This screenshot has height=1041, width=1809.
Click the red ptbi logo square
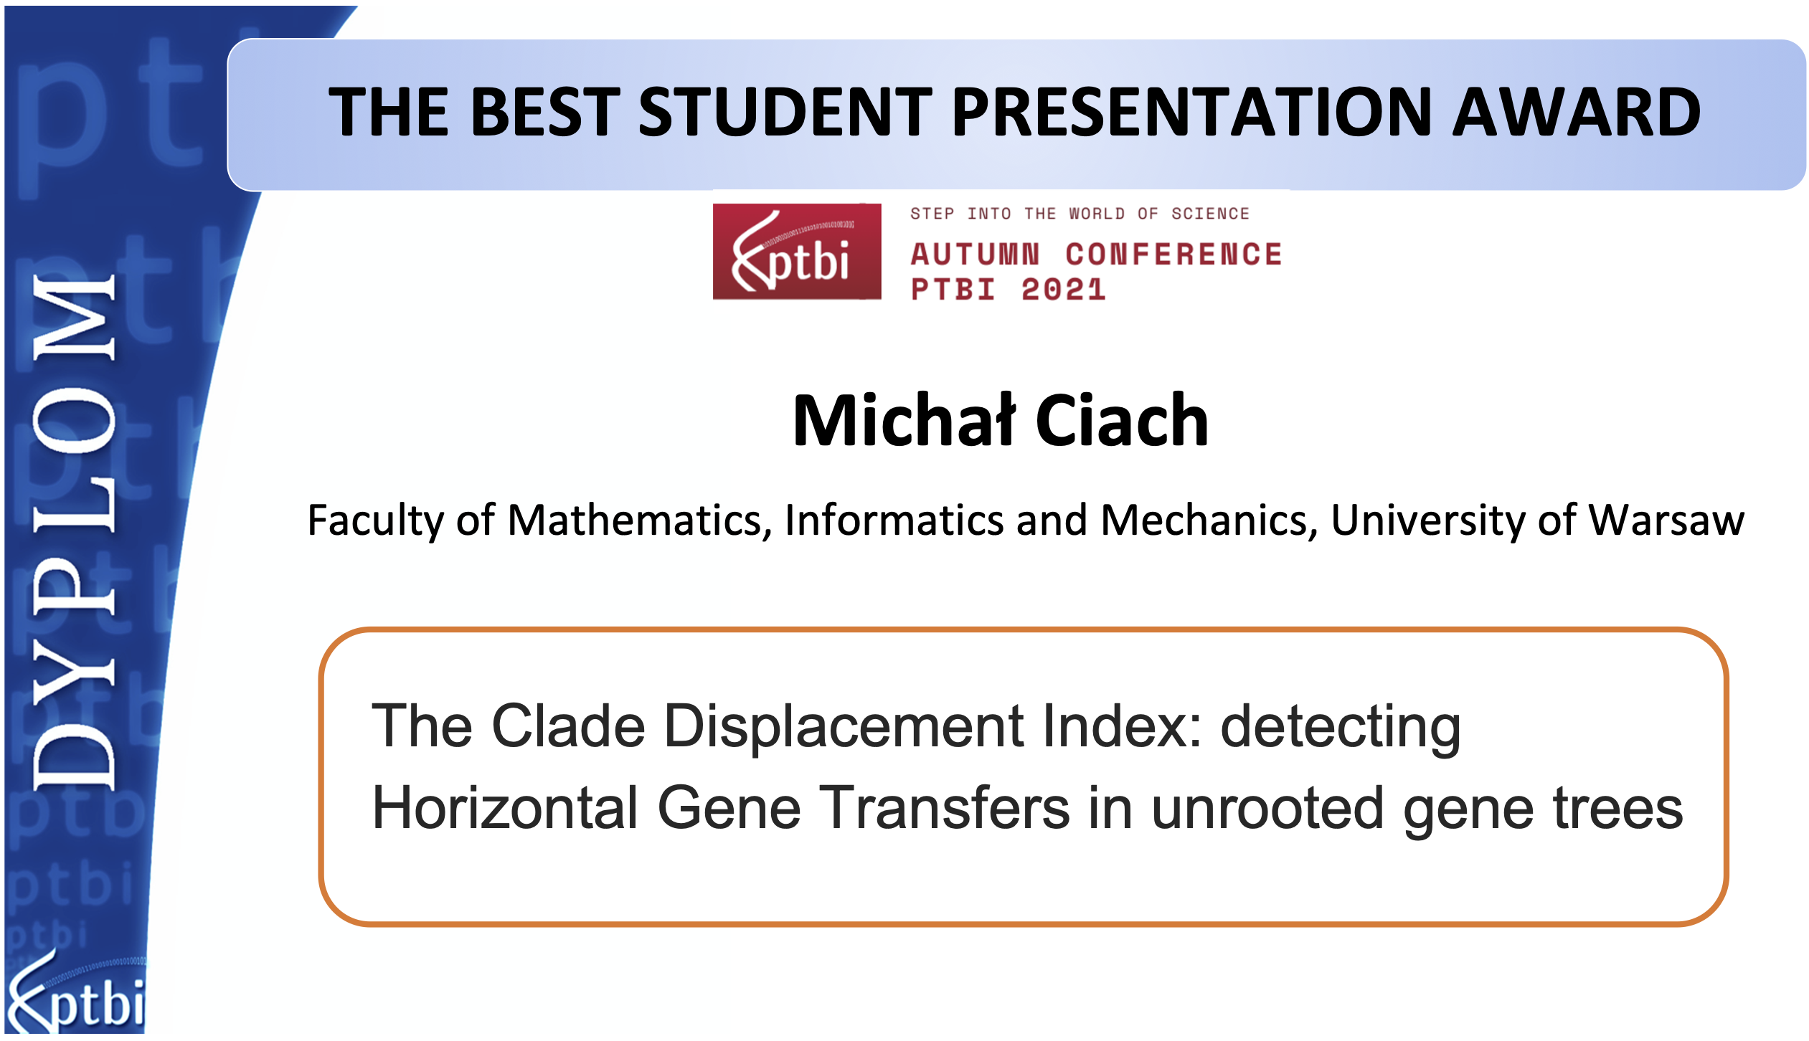[x=797, y=251]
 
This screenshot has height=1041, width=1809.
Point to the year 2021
[x=1063, y=290]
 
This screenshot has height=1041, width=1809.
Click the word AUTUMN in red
[x=975, y=255]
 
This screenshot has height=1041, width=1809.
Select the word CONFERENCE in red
[x=1173, y=255]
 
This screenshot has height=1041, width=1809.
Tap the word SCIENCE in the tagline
[x=1210, y=214]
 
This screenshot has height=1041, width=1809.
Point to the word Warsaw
[x=1667, y=520]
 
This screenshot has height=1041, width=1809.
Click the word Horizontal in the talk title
[x=505, y=809]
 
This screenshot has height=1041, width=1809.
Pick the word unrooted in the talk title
[x=1267, y=809]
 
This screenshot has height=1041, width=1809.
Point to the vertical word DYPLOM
[x=73, y=532]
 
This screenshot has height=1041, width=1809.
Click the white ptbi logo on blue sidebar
[x=76, y=993]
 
